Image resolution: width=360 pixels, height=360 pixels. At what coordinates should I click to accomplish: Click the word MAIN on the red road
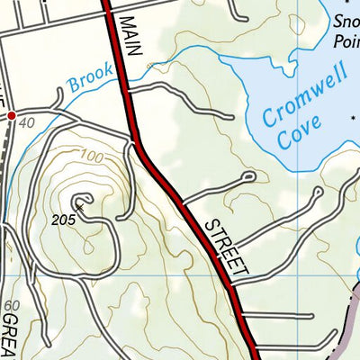131,37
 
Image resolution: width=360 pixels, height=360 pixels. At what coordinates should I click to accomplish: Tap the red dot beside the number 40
12,115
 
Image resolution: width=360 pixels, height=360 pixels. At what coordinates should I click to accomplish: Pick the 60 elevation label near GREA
11,307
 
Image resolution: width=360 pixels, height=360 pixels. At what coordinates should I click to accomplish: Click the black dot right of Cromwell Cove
352,116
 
